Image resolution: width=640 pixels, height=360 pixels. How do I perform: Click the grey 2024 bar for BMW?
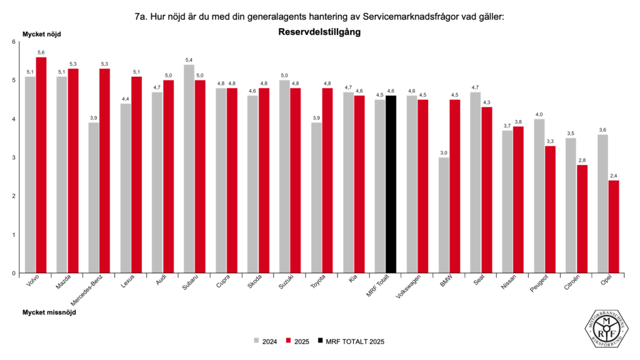pyautogui.click(x=444, y=215)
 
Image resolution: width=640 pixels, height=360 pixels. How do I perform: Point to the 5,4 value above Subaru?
pyautogui.click(x=189, y=59)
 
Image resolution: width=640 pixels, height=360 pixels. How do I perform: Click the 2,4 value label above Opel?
pyautogui.click(x=614, y=176)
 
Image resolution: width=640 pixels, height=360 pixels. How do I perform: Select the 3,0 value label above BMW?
pyautogui.click(x=444, y=152)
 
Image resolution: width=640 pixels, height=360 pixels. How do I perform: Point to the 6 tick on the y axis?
pyautogui.click(x=14, y=42)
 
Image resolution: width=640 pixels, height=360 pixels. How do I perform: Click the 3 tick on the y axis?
pyautogui.click(x=14, y=157)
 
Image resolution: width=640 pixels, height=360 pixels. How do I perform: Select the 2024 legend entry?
pyautogui.click(x=266, y=341)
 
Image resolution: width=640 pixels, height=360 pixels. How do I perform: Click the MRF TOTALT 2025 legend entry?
pyautogui.click(x=349, y=341)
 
